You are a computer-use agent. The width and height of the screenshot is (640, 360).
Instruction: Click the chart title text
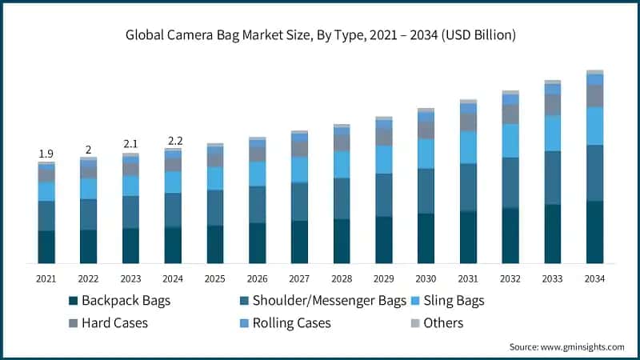click(320, 35)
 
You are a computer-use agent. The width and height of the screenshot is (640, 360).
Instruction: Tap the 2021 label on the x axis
click(46, 278)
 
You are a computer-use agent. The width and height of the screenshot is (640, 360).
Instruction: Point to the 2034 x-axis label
click(594, 278)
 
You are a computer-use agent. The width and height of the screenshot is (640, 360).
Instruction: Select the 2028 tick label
click(342, 278)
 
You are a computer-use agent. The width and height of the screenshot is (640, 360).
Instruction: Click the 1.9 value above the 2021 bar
click(46, 154)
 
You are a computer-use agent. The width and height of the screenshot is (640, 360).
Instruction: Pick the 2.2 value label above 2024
click(173, 142)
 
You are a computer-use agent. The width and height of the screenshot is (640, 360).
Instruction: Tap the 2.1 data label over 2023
click(130, 144)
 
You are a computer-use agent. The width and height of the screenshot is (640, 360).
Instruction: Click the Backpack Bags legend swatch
click(73, 302)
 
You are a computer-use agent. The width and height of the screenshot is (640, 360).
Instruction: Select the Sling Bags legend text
click(454, 301)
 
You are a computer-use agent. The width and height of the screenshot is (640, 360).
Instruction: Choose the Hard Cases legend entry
click(115, 323)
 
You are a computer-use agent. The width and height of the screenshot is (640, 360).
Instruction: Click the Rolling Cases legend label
click(291, 323)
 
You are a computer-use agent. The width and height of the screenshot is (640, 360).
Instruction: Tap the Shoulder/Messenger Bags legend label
click(329, 301)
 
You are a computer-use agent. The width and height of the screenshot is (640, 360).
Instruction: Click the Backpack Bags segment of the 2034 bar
click(594, 232)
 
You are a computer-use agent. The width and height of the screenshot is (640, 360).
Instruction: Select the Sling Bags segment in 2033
click(553, 133)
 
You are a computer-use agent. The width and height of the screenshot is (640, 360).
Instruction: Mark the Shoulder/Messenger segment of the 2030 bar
click(426, 191)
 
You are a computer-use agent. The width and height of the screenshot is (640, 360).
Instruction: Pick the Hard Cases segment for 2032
click(510, 114)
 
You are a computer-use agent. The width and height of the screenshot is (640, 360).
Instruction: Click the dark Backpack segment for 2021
click(46, 247)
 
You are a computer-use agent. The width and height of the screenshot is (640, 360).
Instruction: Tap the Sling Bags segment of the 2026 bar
click(257, 174)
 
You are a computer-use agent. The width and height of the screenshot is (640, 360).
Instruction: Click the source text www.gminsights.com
click(566, 346)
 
